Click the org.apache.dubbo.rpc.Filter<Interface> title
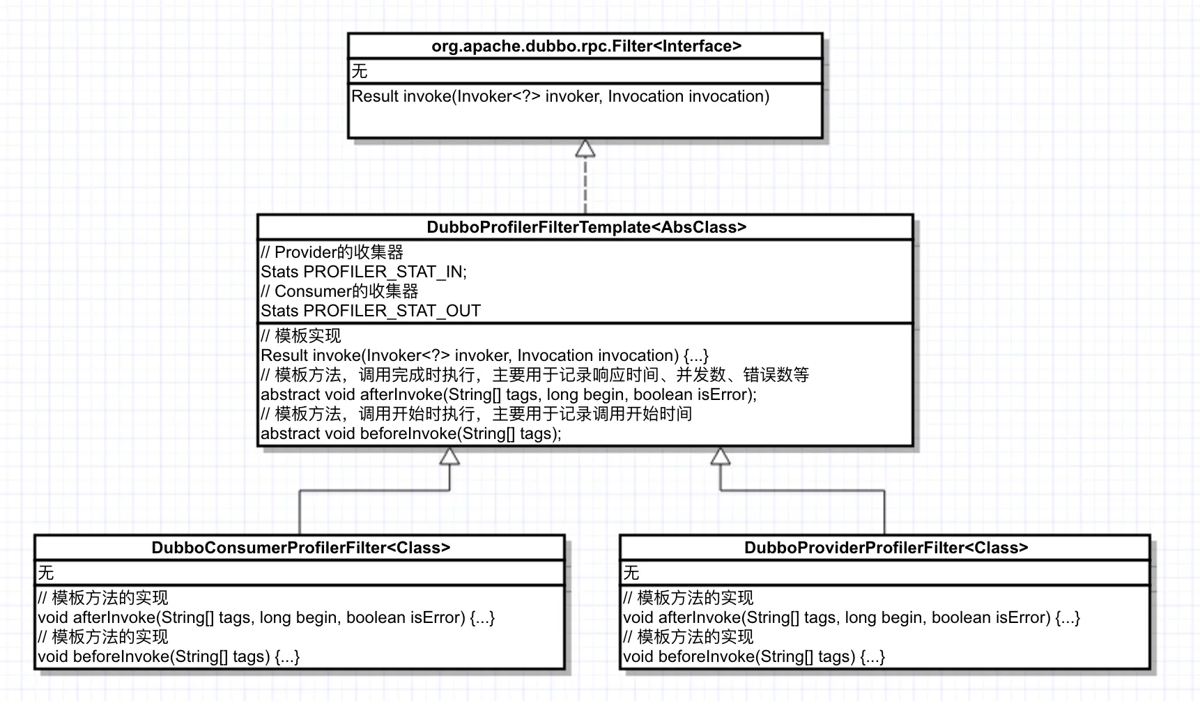pyautogui.click(x=586, y=47)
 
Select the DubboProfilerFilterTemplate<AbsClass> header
pyautogui.click(x=586, y=227)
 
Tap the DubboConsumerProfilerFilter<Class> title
pyautogui.click(x=300, y=548)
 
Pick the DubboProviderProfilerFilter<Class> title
pyautogui.click(x=886, y=548)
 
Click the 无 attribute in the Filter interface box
pyautogui.click(x=360, y=71)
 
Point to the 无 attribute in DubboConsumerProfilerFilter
pyautogui.click(x=46, y=573)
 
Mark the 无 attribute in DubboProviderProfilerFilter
pyautogui.click(x=631, y=573)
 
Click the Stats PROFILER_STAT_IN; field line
pyautogui.click(x=363, y=272)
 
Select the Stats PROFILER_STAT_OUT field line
pyautogui.click(x=370, y=311)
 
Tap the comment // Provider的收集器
pyautogui.click(x=332, y=252)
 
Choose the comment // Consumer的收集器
pyautogui.click(x=339, y=291)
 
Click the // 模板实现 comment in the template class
pyautogui.click(x=300, y=336)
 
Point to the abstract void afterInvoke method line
pyautogui.click(x=508, y=394)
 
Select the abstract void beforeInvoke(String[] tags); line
pyautogui.click(x=410, y=433)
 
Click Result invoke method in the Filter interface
pyautogui.click(x=560, y=96)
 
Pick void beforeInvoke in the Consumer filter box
pyautogui.click(x=168, y=656)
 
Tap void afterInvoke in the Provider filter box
pyautogui.click(x=851, y=617)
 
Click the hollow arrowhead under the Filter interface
pyautogui.click(x=585, y=148)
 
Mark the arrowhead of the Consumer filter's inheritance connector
pyautogui.click(x=449, y=456)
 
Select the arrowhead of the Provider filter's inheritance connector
pyautogui.click(x=720, y=456)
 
